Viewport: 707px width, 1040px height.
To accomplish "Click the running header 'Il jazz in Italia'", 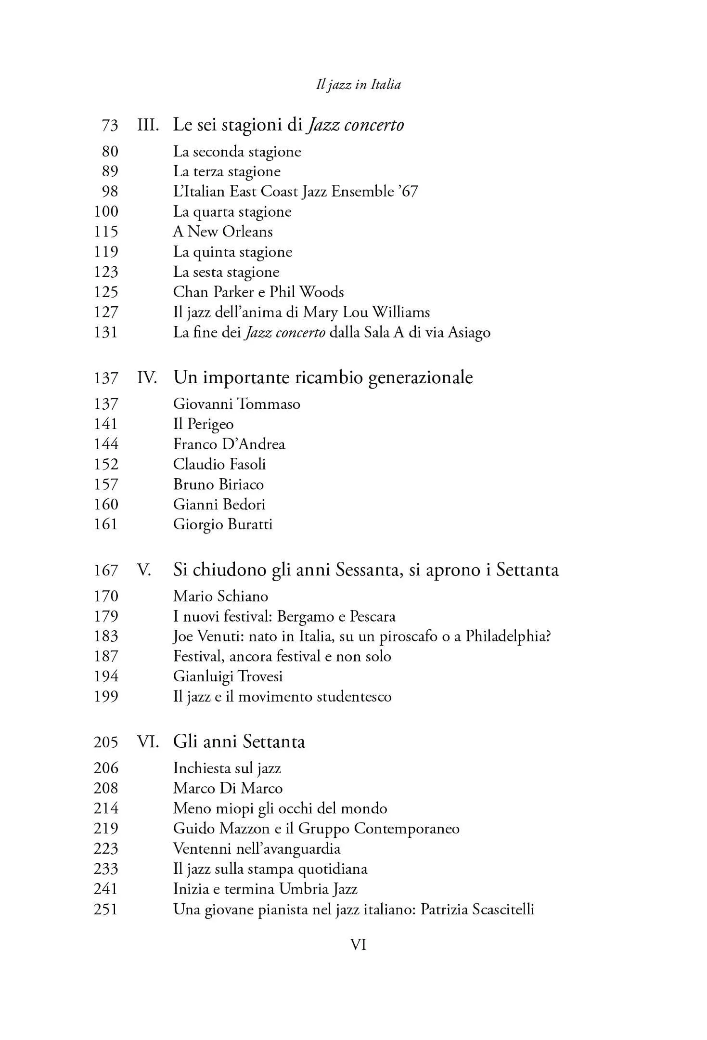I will tap(358, 85).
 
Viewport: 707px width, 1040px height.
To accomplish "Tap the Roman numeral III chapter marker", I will tap(148, 125).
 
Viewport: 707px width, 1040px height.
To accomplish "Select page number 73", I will tap(110, 126).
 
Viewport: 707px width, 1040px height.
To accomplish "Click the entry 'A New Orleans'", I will tap(223, 232).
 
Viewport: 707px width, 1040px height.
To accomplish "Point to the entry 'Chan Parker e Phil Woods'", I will tap(258, 292).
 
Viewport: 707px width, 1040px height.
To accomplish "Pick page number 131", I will tap(105, 332).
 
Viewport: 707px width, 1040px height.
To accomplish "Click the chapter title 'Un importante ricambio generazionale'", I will tap(323, 377).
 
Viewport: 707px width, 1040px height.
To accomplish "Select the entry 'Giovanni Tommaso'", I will tap(237, 403).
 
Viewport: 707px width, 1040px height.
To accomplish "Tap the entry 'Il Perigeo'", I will tap(203, 424).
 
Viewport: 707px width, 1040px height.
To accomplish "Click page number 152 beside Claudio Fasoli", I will tap(105, 464).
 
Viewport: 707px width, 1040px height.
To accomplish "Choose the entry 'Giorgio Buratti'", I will tap(223, 524).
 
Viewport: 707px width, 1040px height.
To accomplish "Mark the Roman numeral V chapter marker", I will tap(144, 570).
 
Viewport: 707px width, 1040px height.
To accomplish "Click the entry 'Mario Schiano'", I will tap(220, 596).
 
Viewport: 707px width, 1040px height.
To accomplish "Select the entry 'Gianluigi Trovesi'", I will tap(228, 676).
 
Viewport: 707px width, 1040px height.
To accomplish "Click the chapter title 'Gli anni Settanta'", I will tap(239, 741).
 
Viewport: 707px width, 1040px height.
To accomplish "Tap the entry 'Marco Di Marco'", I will tap(228, 788).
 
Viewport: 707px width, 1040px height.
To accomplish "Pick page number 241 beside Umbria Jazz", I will tap(105, 889).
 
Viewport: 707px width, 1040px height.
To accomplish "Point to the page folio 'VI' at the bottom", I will tap(358, 945).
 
